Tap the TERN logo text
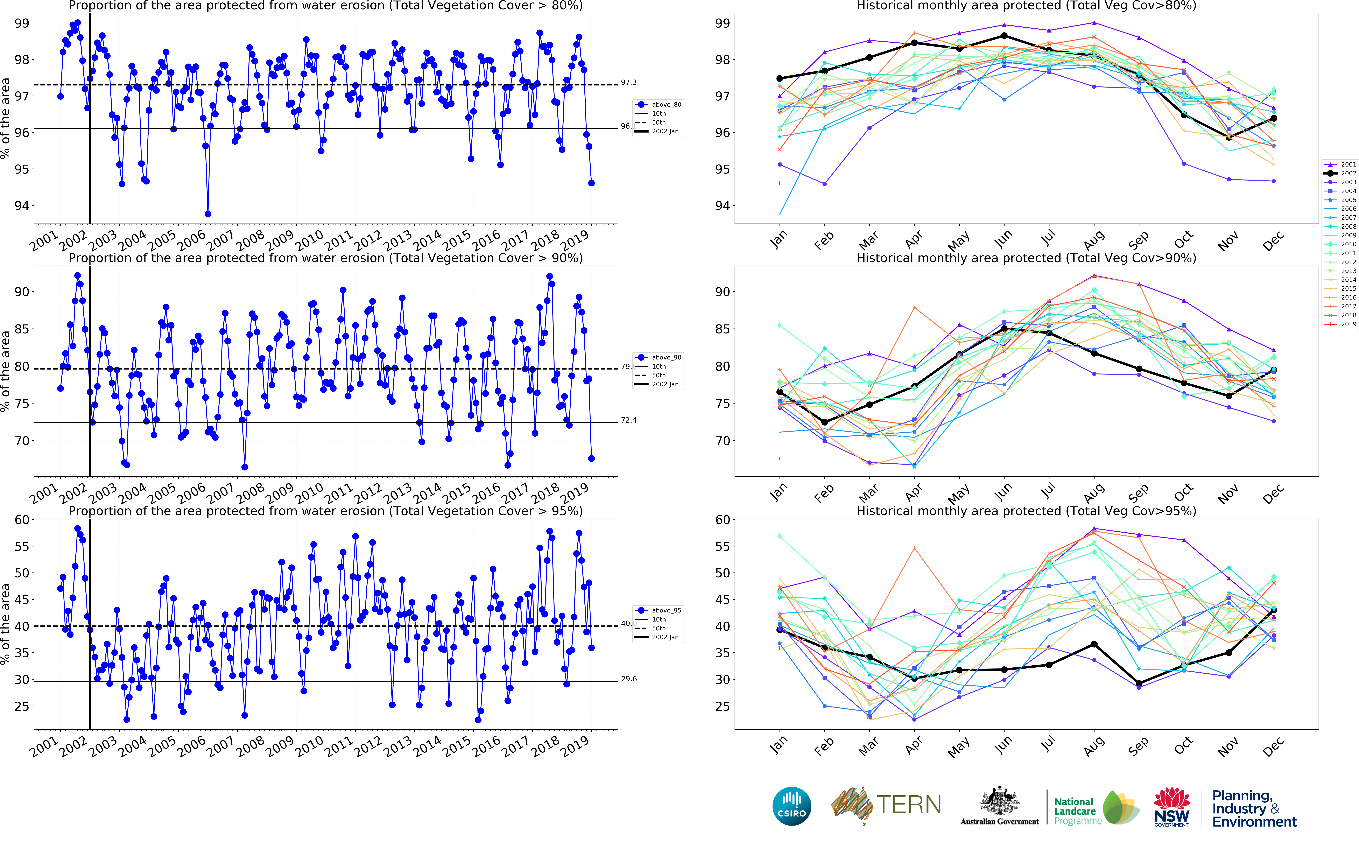tap(909, 805)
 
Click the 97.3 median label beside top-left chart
tap(629, 82)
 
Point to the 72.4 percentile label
tap(629, 420)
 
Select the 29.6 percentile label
tap(629, 679)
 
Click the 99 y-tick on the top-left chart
tap(21, 23)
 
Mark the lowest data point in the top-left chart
tap(208, 214)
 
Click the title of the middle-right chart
tap(1026, 258)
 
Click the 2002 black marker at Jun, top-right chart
tap(1004, 36)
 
